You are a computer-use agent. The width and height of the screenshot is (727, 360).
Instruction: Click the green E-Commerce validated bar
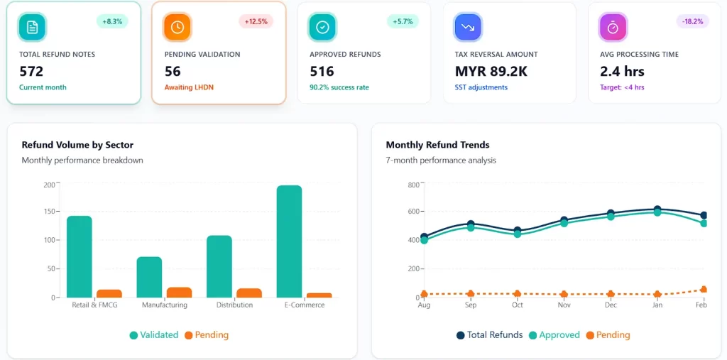[x=289, y=241]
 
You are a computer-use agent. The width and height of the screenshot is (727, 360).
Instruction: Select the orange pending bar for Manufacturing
[x=179, y=292]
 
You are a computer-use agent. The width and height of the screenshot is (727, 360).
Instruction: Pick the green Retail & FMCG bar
[x=80, y=256]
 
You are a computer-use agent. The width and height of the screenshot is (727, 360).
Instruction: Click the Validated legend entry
[x=153, y=334]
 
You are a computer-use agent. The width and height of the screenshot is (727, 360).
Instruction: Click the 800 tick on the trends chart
[x=412, y=185]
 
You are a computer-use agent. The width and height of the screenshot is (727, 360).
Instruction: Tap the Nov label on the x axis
[x=564, y=305]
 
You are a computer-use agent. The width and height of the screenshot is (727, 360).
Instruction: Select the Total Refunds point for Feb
[x=704, y=215]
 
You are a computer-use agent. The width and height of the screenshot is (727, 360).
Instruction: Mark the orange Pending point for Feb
[x=704, y=289]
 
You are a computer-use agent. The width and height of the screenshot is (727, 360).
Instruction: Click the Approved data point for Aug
[x=425, y=240]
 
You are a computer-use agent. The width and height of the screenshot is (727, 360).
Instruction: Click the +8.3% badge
[x=112, y=21]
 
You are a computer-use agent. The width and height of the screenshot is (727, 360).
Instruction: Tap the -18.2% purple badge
[x=692, y=21]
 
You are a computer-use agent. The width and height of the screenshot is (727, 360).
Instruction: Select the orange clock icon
[x=177, y=27]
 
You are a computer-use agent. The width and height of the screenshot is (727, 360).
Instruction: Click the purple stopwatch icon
[x=613, y=27]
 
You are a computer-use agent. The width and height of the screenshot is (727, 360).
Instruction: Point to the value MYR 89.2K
[x=491, y=71]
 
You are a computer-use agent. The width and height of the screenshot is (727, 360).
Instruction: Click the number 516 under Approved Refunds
[x=322, y=71]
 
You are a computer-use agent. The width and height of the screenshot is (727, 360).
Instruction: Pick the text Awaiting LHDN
[x=188, y=87]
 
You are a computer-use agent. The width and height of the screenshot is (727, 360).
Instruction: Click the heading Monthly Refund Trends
[x=437, y=145]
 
